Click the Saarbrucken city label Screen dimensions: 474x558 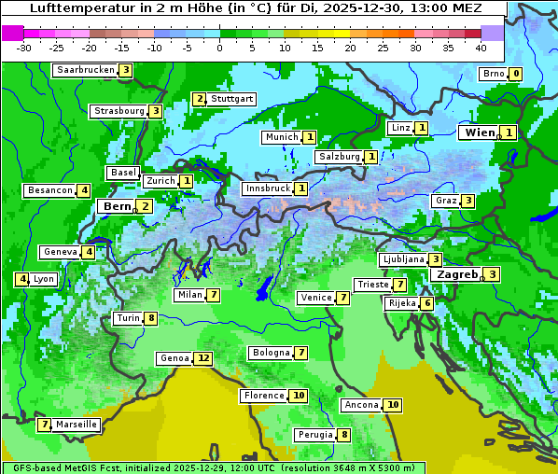click(x=86, y=70)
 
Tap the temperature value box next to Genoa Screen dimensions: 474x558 click(x=203, y=358)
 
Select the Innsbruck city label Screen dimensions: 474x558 click(x=267, y=188)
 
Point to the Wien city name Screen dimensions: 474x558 click(x=480, y=132)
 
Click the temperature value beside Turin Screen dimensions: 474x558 click(x=150, y=318)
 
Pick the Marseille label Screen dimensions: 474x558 click(x=77, y=425)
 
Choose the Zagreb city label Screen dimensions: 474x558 click(x=456, y=274)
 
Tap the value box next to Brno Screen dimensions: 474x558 click(x=515, y=74)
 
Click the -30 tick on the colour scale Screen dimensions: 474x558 click(x=25, y=47)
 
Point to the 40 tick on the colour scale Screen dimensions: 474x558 click(x=481, y=47)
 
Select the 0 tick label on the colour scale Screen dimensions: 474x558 click(x=220, y=47)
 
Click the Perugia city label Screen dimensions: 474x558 click(x=314, y=435)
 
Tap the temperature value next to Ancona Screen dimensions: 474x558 click(x=393, y=405)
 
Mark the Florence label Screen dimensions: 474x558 click(x=264, y=396)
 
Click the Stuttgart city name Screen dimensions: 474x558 click(x=231, y=99)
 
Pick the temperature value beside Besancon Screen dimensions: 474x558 click(x=84, y=190)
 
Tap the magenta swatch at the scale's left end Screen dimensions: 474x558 click(x=12, y=33)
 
